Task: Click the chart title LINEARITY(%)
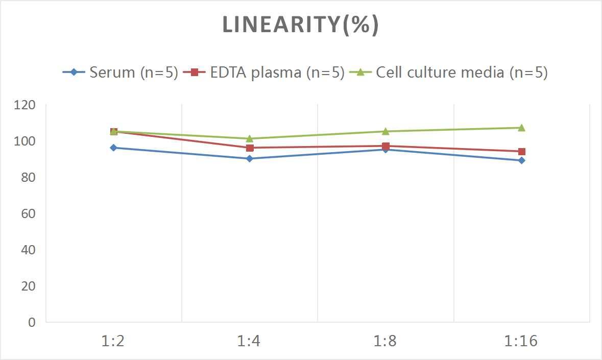[300, 25]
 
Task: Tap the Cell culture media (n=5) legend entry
[449, 72]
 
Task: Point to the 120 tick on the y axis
[25, 105]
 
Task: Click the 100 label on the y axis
[25, 141]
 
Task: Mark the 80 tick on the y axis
[28, 177]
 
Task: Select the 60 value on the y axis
[28, 213]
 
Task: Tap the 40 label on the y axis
[28, 250]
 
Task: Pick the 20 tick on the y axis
[28, 286]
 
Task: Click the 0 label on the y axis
[32, 322]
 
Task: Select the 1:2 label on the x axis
[113, 341]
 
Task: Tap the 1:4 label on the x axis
[249, 341]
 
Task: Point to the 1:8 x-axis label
[386, 341]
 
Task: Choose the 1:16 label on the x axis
[521, 341]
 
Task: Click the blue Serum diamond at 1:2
[113, 148]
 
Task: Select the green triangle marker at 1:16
[521, 128]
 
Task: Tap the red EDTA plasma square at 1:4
[250, 148]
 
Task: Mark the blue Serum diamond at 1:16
[521, 160]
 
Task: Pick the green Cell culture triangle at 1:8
[386, 131]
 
